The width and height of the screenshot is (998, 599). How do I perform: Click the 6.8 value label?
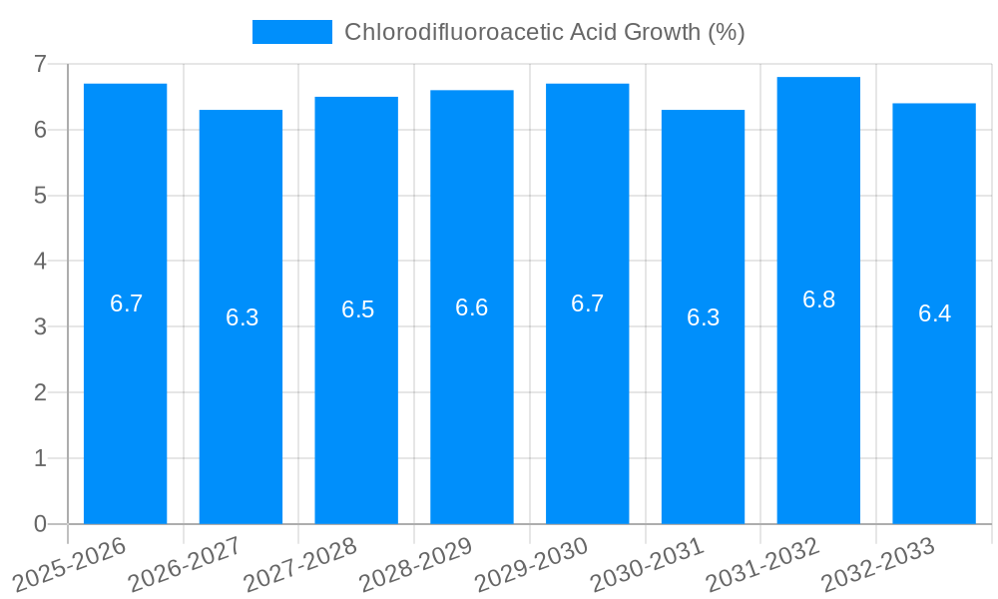[818, 299]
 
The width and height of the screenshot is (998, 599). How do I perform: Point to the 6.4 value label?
[934, 313]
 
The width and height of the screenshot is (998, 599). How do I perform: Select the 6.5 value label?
[357, 309]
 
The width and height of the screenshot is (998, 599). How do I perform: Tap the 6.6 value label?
[471, 307]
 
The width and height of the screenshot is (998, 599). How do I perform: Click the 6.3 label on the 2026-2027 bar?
[242, 317]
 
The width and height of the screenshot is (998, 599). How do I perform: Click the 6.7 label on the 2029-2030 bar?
[587, 303]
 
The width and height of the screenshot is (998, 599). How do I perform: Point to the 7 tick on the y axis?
[40, 64]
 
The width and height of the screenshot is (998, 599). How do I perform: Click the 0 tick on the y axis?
[40, 524]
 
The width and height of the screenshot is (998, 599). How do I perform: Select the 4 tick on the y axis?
[40, 261]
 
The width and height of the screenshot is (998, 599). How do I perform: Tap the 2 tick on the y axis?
[40, 392]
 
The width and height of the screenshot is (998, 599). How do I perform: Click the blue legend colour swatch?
[291, 32]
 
